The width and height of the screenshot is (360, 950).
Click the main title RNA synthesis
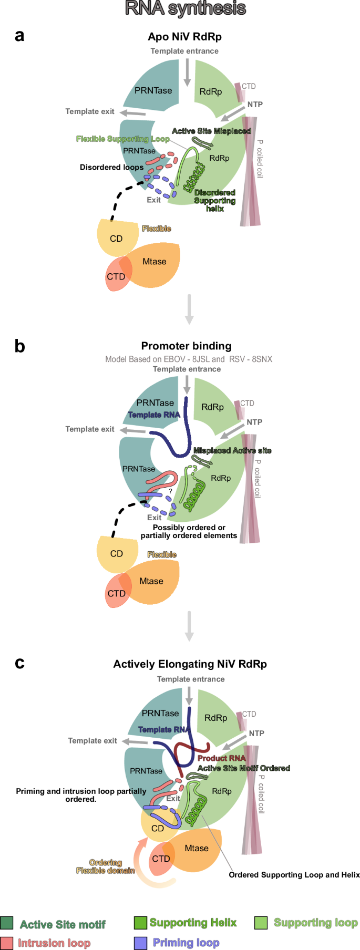click(185, 8)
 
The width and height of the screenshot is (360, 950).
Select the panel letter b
click(19, 346)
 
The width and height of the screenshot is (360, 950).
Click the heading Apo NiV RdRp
click(184, 37)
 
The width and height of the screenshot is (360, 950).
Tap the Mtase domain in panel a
click(155, 262)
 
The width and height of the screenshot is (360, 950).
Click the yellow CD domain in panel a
click(116, 238)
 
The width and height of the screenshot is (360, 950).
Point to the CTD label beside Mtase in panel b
click(117, 593)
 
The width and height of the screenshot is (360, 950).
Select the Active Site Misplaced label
click(211, 131)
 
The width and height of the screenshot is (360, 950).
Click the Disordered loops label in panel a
click(111, 167)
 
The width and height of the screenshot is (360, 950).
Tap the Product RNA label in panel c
click(221, 758)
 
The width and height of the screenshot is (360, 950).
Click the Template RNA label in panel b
click(154, 415)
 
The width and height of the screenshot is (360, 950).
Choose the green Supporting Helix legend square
click(140, 923)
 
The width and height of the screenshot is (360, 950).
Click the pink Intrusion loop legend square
click(7, 943)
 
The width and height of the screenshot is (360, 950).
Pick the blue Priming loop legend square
click(140, 943)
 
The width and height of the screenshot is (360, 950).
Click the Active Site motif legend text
click(63, 924)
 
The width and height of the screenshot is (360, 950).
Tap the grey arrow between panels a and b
click(189, 309)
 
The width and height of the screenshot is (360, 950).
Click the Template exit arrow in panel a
click(132, 112)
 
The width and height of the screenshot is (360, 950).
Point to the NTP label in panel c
click(256, 733)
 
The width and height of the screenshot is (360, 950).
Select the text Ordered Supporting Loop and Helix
click(294, 875)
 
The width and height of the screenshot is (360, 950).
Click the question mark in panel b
click(170, 491)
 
